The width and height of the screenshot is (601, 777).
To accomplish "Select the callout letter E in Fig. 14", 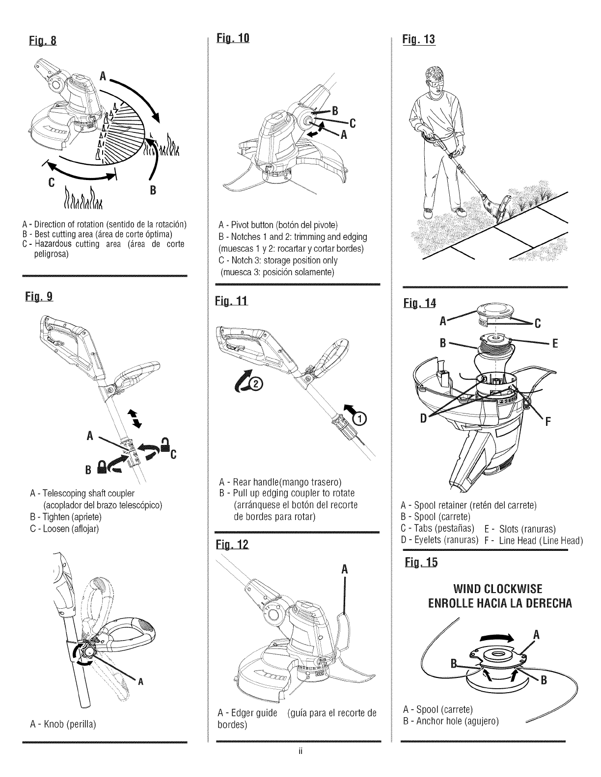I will pyautogui.click(x=555, y=343).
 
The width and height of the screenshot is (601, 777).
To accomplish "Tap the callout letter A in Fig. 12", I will pyautogui.click(x=344, y=570).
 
